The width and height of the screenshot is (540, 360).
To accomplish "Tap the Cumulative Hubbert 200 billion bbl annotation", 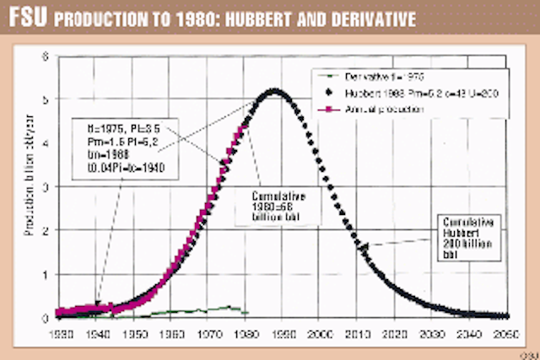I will tap(469, 237).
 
